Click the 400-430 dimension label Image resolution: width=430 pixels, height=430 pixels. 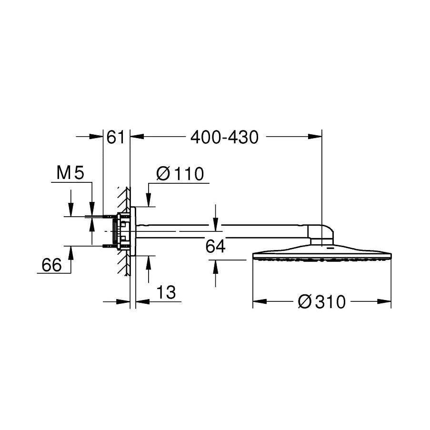tap(224, 137)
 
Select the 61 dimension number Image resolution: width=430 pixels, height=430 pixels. tap(115, 137)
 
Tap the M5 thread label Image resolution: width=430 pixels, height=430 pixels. tap(70, 173)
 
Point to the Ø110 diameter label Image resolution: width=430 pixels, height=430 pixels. tap(180, 174)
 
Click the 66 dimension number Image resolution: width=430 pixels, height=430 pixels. tap(51, 265)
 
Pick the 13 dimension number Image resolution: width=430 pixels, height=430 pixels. tap(166, 292)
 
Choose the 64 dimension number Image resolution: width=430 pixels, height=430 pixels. tap(215, 246)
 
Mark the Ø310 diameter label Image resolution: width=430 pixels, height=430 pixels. tap(322, 302)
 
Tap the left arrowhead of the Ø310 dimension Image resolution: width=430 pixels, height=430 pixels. tap(260, 301)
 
